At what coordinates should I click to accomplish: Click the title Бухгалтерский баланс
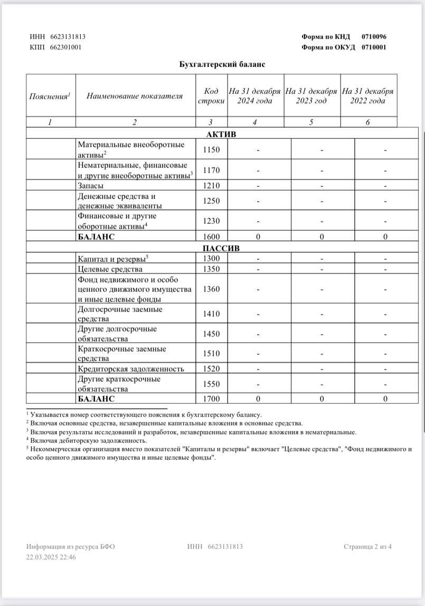[221, 64]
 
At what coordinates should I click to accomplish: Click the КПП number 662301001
[65, 47]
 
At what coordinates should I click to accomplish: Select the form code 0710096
[374, 37]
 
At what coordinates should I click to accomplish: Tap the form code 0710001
[374, 47]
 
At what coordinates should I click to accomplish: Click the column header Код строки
[211, 96]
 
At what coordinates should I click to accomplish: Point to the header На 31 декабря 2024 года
[255, 96]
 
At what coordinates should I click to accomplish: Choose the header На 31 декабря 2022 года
[368, 96]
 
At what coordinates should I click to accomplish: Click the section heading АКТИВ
[221, 134]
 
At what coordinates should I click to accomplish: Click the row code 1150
[211, 150]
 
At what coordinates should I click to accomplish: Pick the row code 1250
[211, 201]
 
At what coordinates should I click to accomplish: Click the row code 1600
[211, 237]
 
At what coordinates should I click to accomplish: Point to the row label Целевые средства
[110, 269]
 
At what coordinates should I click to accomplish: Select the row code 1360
[211, 289]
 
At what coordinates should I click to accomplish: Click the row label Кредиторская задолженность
[130, 368]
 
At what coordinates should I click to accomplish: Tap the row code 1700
[211, 399]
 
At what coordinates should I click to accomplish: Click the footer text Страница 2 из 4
[367, 546]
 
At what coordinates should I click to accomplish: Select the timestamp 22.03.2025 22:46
[51, 556]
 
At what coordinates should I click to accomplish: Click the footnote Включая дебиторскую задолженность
[89, 440]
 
